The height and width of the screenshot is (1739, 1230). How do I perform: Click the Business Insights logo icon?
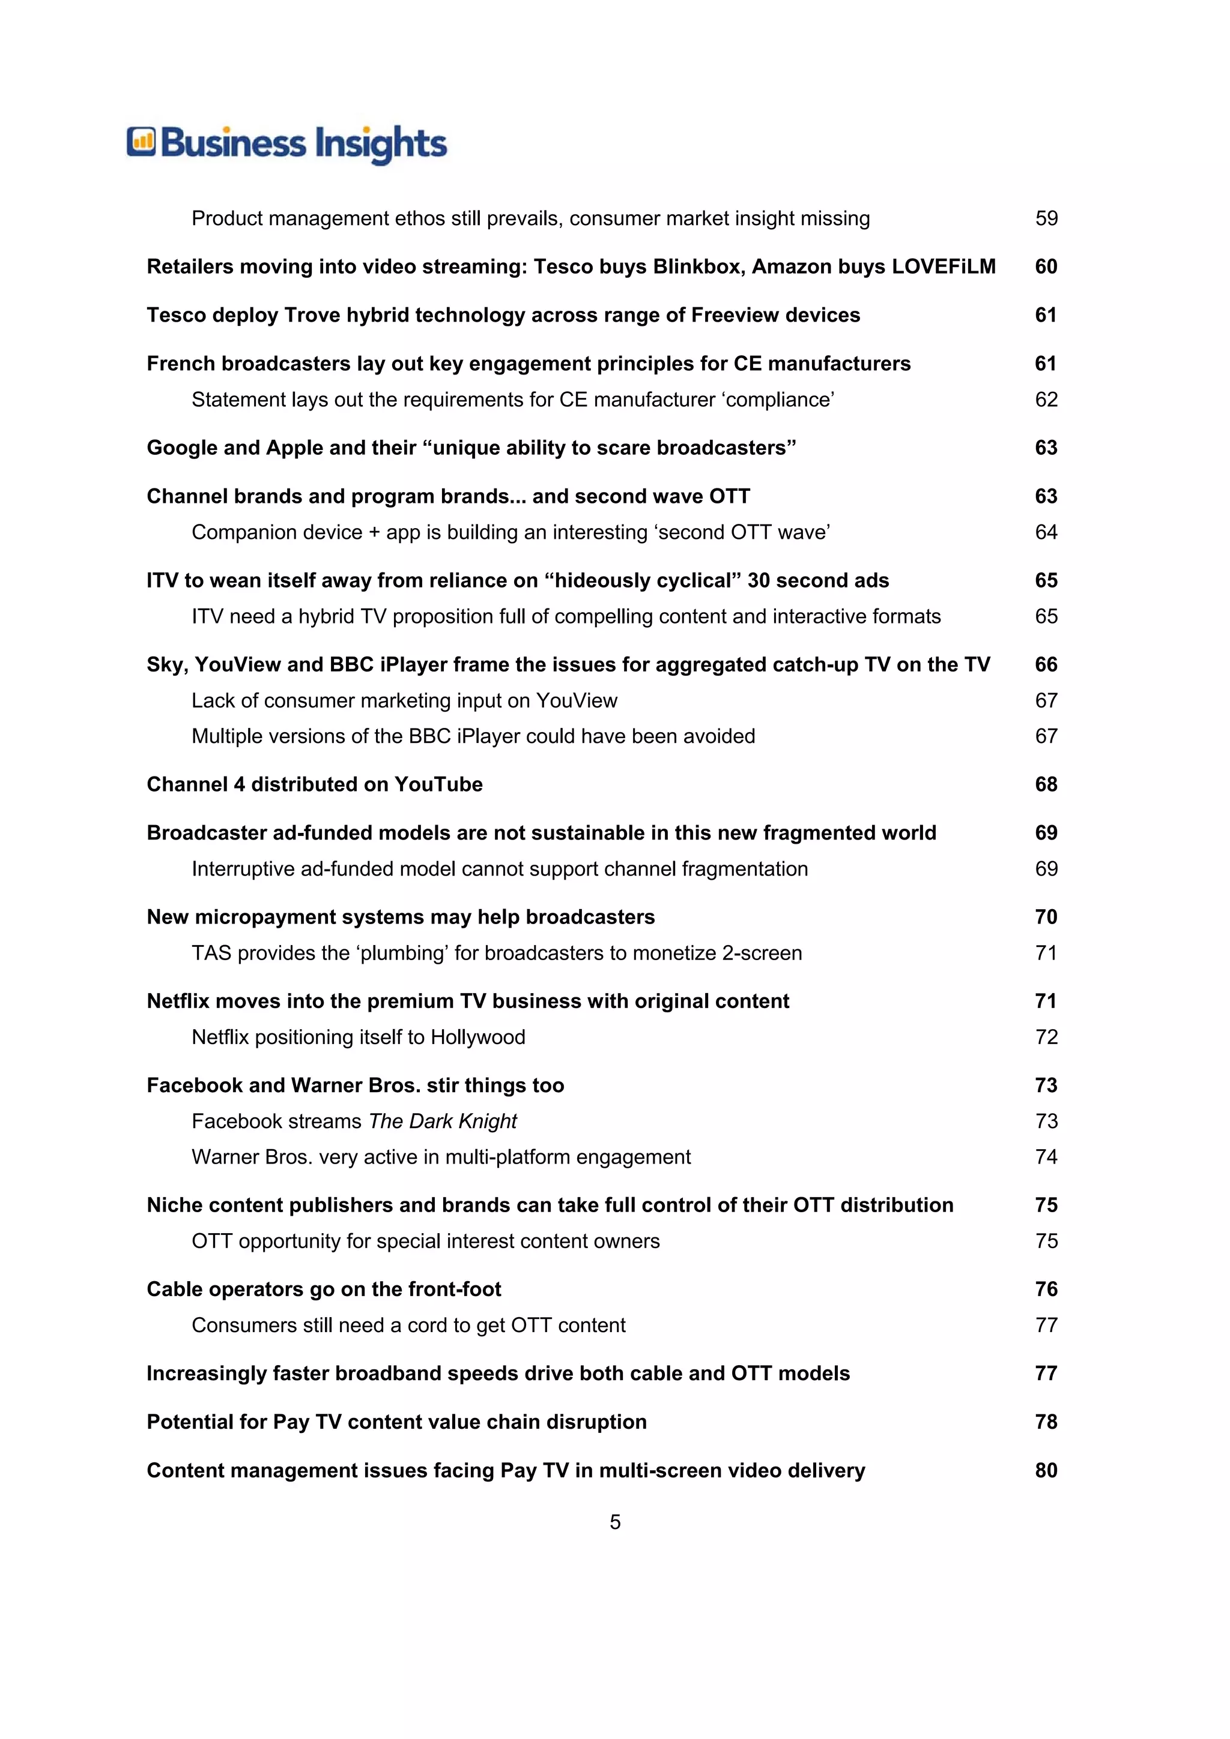[141, 142]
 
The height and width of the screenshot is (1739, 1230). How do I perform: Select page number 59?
[1046, 218]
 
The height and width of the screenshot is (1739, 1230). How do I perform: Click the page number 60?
[1046, 266]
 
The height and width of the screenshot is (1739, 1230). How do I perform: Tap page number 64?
[1046, 532]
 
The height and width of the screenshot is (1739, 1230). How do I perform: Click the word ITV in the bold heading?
[162, 580]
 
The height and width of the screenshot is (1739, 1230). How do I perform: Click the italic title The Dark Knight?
[443, 1121]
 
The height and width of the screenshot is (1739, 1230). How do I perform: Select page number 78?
[1046, 1422]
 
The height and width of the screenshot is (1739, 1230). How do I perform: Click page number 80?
[1046, 1470]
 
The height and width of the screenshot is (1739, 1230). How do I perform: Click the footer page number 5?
[614, 1522]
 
